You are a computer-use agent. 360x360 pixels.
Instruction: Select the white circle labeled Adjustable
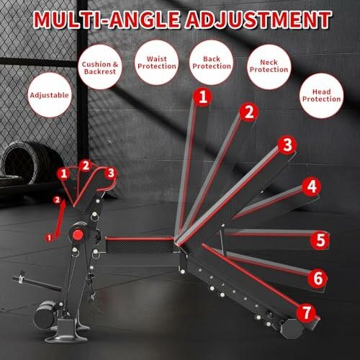click(x=50, y=94)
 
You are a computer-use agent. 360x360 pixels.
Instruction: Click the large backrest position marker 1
click(x=204, y=95)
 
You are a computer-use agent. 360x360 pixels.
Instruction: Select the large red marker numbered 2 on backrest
click(x=249, y=112)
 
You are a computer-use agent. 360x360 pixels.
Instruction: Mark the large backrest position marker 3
click(x=287, y=145)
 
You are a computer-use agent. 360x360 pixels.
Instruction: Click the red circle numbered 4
click(x=310, y=187)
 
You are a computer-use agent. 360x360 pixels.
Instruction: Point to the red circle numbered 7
click(x=306, y=312)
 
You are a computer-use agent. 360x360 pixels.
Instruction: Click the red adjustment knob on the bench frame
click(x=73, y=237)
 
